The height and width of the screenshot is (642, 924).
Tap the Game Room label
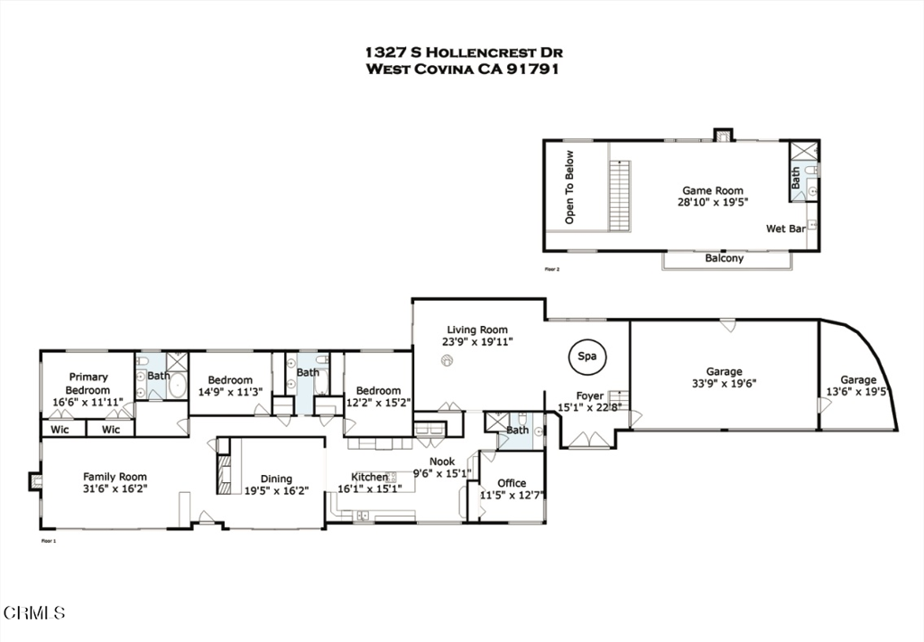pos(712,191)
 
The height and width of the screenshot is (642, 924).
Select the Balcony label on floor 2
pos(725,258)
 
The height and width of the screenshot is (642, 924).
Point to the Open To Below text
pos(569,200)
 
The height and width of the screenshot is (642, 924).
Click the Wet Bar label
pos(785,229)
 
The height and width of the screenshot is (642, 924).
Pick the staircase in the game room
pos(618,195)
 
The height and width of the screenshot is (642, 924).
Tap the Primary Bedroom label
pos(88,384)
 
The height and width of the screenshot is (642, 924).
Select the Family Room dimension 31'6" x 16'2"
pos(115,488)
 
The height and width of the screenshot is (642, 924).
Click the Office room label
pos(512,483)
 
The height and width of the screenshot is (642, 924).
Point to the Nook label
pos(441,461)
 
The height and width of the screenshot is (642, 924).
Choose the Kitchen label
pos(369,477)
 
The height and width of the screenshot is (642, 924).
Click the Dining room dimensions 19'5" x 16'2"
pos(276,491)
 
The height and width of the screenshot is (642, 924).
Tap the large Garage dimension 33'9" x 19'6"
pos(724,383)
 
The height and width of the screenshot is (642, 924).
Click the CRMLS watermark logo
pos(34,613)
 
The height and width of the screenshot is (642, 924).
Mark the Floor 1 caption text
pos(49,541)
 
